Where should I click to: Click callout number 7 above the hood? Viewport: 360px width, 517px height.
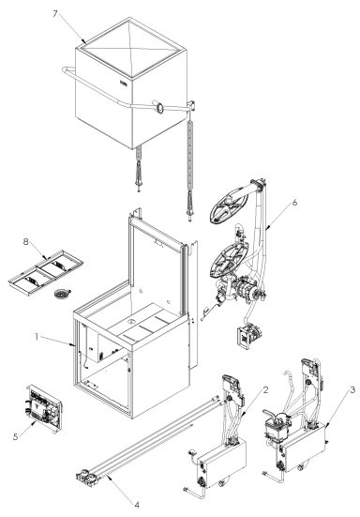coord(82,16)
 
